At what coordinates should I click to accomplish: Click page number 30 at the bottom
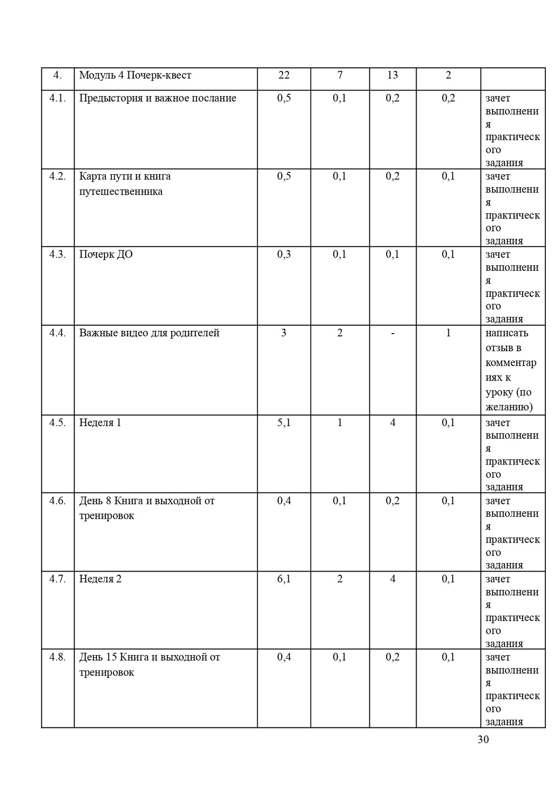point(483,740)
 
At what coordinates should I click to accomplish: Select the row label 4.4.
point(58,333)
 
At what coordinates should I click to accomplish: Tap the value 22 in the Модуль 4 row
point(284,75)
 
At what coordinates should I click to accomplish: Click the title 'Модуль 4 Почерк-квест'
point(135,75)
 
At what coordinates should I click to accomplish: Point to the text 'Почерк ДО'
point(106,255)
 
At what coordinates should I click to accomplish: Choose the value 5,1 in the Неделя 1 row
point(284,423)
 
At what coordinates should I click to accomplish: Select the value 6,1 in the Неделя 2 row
point(284,579)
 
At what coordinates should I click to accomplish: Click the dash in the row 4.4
point(393,333)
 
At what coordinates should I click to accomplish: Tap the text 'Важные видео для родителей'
point(149,333)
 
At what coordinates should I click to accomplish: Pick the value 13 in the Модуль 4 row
point(392,75)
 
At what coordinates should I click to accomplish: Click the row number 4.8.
point(58,657)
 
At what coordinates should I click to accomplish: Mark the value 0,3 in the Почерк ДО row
point(284,255)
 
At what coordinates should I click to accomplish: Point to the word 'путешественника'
point(121,191)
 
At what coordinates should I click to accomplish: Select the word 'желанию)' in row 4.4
point(509,407)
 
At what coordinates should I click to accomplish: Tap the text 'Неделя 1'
point(100,423)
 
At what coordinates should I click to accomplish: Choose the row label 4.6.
point(58,501)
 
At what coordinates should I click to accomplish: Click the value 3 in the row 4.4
point(284,333)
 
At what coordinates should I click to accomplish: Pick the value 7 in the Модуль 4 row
point(340,75)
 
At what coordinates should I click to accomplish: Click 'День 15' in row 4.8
point(98,657)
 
